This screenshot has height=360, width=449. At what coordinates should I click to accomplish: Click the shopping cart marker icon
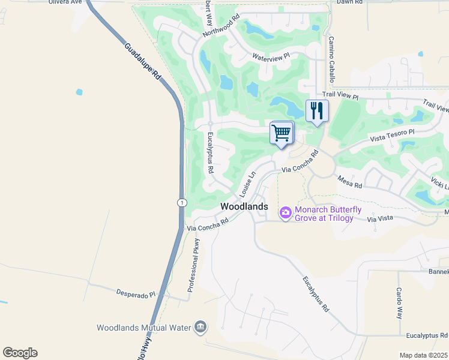pos(281,133)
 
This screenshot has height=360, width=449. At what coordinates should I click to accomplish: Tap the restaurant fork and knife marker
pos(317,111)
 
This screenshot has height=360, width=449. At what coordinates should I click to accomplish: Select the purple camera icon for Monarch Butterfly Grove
pos(285,212)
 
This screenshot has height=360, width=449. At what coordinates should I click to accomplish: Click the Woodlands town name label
pos(244,206)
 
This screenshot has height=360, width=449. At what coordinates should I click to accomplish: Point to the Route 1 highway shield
pos(181,203)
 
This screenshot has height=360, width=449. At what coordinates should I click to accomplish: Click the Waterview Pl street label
pos(271,57)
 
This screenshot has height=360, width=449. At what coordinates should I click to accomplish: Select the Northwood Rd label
pos(221,25)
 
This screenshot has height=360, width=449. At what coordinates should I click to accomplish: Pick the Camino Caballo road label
pos(331,59)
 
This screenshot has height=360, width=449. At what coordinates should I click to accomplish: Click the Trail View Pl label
pos(340,95)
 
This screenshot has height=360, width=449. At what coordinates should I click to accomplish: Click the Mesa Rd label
pos(349,182)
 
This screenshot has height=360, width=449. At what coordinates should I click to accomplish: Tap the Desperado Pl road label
pos(136,294)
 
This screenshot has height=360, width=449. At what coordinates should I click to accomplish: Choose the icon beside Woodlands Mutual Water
pos(200,328)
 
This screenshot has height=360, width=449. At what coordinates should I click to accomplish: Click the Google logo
pos(20,353)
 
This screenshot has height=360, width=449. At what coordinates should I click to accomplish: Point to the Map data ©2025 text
pos(423,355)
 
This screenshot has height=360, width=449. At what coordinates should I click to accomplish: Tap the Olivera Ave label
pos(65,2)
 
